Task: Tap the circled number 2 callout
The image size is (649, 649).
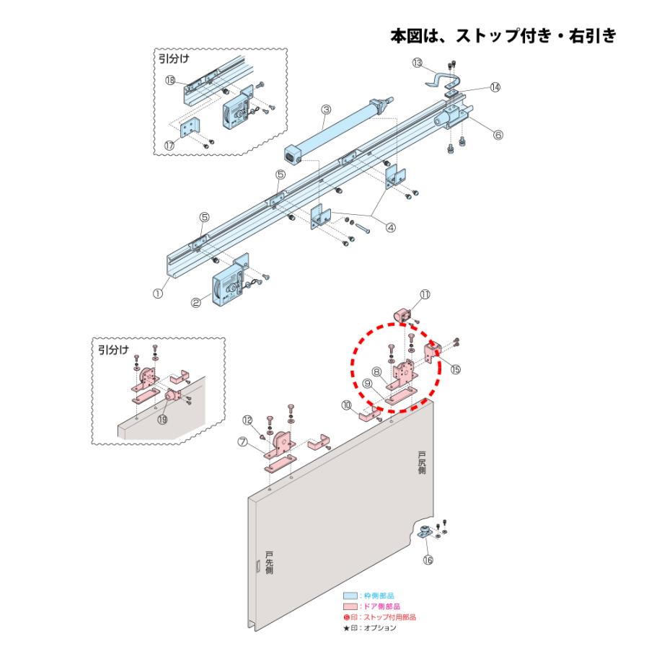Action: pyautogui.click(x=195, y=304)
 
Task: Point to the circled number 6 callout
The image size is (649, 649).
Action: pyautogui.click(x=498, y=133)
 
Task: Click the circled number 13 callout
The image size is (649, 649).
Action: pyautogui.click(x=418, y=63)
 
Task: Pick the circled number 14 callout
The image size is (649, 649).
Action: pyautogui.click(x=495, y=87)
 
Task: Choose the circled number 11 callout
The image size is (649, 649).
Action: pyautogui.click(x=425, y=293)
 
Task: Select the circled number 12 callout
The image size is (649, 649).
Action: pyautogui.click(x=247, y=420)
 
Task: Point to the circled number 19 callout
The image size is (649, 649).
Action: pyautogui.click(x=162, y=420)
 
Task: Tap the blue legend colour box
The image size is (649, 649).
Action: pyautogui.click(x=350, y=596)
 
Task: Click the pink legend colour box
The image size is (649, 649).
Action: pyautogui.click(x=350, y=606)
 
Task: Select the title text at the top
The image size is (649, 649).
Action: pyautogui.click(x=503, y=35)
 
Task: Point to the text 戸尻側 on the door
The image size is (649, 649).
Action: pyautogui.click(x=422, y=462)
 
